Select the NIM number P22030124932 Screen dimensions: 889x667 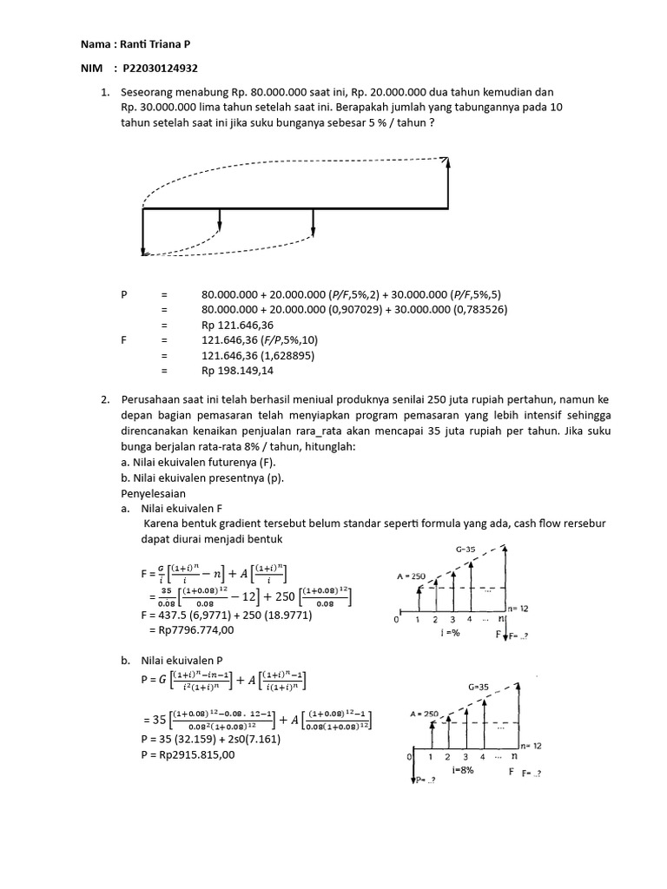coord(163,69)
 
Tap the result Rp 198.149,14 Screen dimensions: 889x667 coord(237,370)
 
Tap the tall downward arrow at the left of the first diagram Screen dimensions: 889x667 coord(142,233)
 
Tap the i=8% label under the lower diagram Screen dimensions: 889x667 coord(462,769)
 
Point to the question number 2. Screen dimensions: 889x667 coord(104,399)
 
